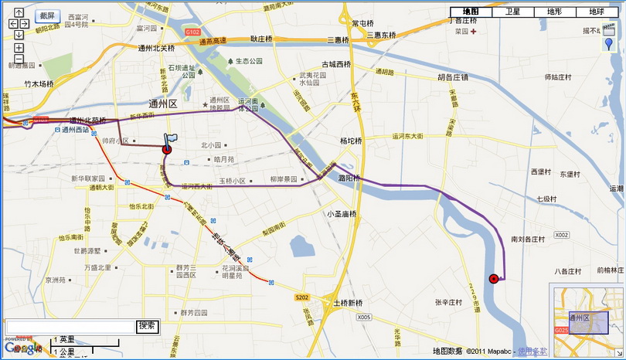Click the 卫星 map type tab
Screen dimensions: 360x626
(512, 12)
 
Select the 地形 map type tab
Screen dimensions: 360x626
(554, 12)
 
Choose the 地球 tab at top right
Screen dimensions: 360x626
(596, 12)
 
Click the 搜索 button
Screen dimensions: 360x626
(148, 326)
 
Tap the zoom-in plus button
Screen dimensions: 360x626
(19, 47)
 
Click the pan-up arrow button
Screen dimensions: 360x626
(19, 12)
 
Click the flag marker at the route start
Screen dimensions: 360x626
(169, 140)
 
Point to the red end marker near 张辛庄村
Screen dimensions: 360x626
(494, 278)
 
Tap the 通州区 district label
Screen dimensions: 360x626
(163, 103)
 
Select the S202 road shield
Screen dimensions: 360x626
(301, 296)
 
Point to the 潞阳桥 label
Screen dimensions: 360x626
(349, 178)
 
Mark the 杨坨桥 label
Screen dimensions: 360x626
(351, 141)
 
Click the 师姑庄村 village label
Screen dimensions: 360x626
(557, 77)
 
